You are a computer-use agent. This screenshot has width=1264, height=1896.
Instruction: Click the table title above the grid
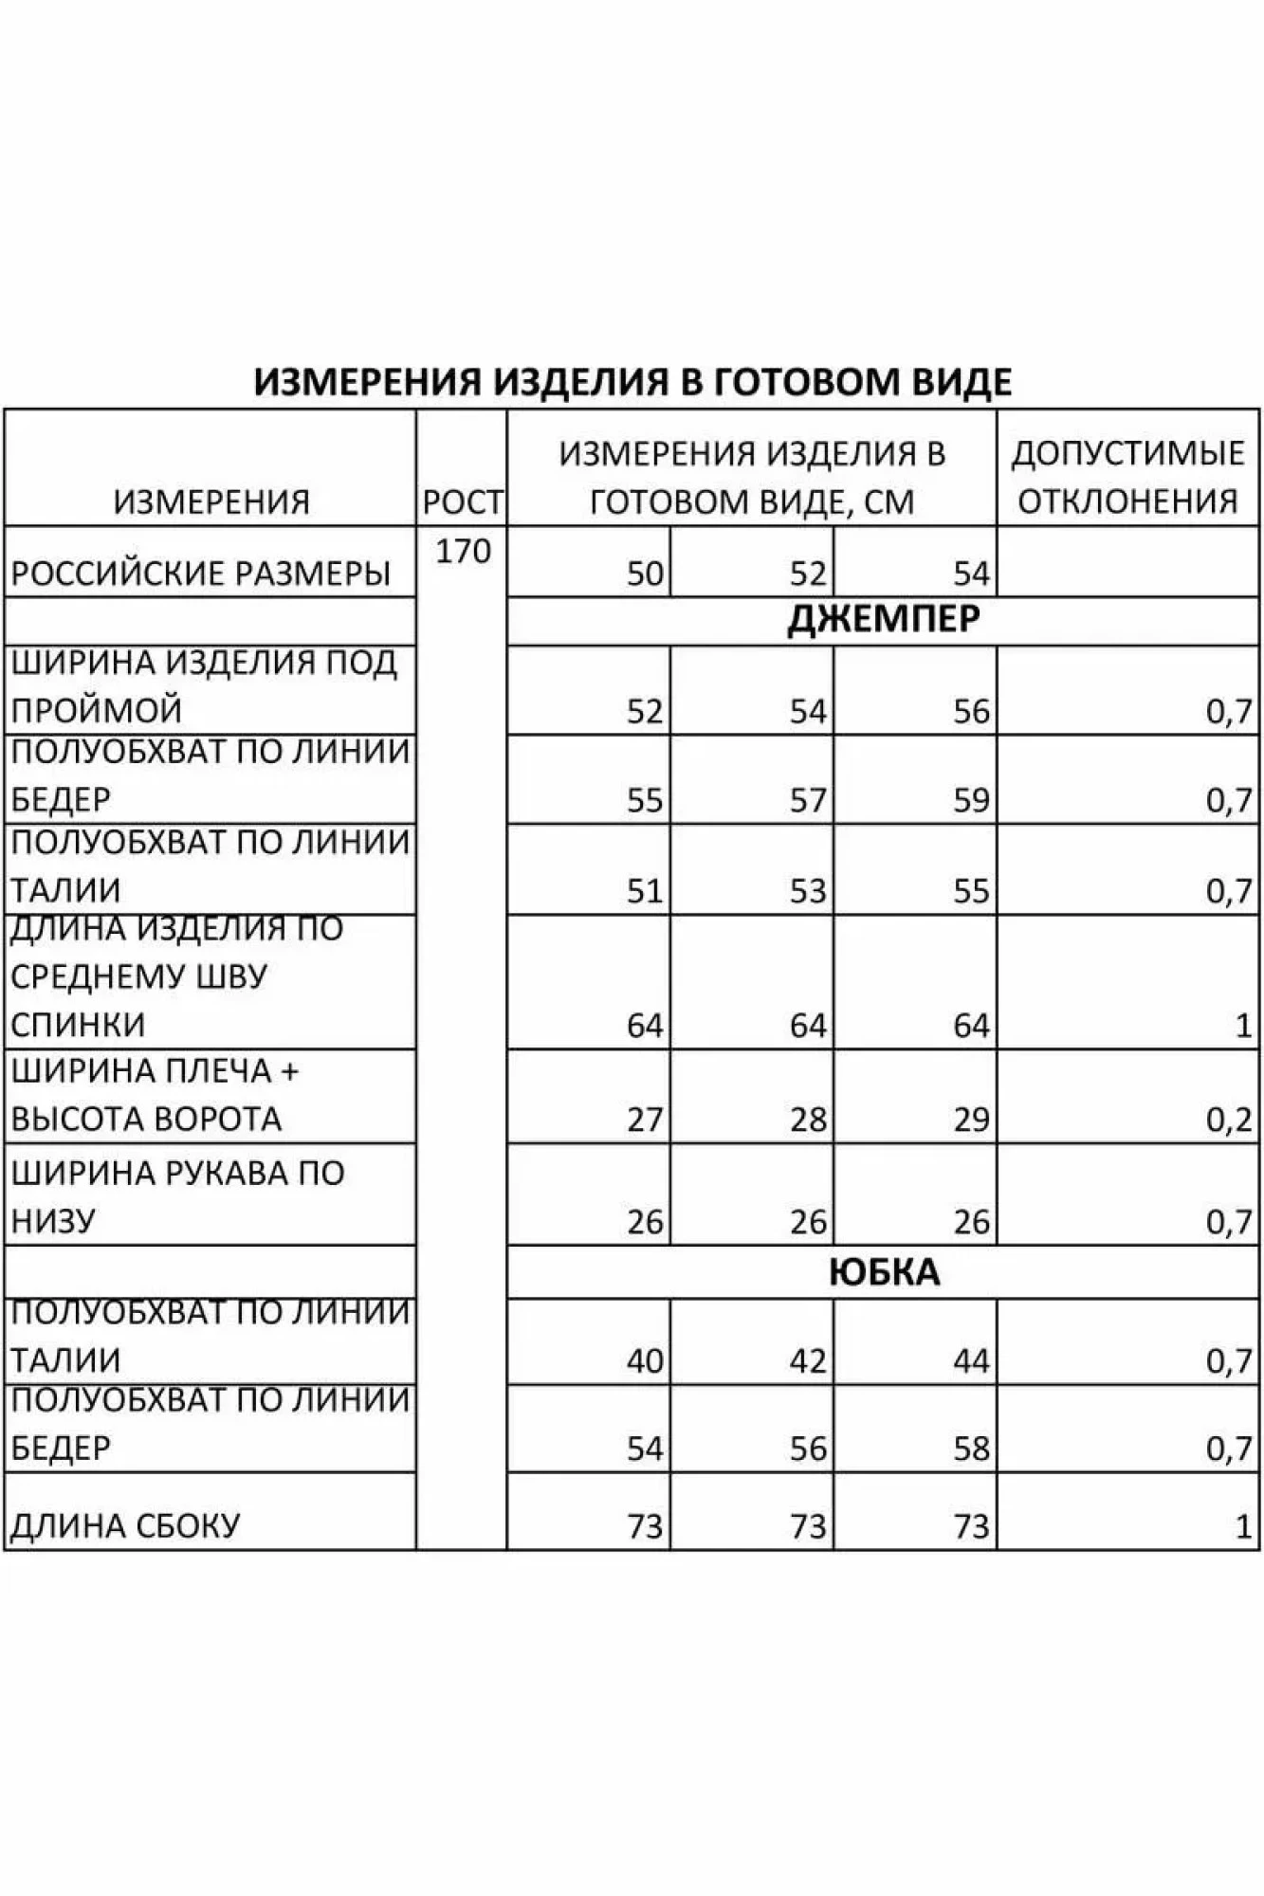click(x=632, y=381)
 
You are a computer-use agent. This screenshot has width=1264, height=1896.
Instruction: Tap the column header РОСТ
click(x=462, y=502)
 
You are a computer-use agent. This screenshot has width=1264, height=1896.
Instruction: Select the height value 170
click(x=463, y=551)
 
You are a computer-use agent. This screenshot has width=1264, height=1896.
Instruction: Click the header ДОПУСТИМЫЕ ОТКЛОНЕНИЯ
click(x=1127, y=477)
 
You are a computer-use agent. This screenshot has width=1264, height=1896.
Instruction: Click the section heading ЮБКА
click(x=883, y=1272)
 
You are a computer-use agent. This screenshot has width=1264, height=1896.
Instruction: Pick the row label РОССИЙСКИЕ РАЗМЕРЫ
click(x=200, y=574)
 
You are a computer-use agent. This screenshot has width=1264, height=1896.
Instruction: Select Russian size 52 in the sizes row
click(x=808, y=574)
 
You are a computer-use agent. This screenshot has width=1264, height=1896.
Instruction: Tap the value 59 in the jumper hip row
click(x=971, y=801)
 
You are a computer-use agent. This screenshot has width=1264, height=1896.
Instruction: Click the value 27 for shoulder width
click(x=645, y=1120)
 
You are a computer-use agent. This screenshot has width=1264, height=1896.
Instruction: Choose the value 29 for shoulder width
click(x=971, y=1120)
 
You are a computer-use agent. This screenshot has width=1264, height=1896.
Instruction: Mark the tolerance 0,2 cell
click(x=1229, y=1121)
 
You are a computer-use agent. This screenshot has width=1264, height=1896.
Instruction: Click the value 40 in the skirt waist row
click(x=645, y=1361)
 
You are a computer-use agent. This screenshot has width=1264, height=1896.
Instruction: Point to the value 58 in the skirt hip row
click(x=971, y=1449)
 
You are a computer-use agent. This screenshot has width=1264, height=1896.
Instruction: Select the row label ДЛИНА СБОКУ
click(x=124, y=1526)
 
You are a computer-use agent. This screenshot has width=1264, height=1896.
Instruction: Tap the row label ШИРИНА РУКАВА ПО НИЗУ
click(x=177, y=1196)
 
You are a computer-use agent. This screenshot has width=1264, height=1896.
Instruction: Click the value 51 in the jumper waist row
click(x=645, y=891)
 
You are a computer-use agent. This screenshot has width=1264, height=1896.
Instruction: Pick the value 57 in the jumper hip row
click(x=808, y=801)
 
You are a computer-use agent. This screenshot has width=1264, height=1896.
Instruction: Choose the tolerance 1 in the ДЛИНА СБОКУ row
click(x=1243, y=1526)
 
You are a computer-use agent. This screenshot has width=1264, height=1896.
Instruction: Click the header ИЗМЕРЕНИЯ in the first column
click(x=211, y=501)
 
